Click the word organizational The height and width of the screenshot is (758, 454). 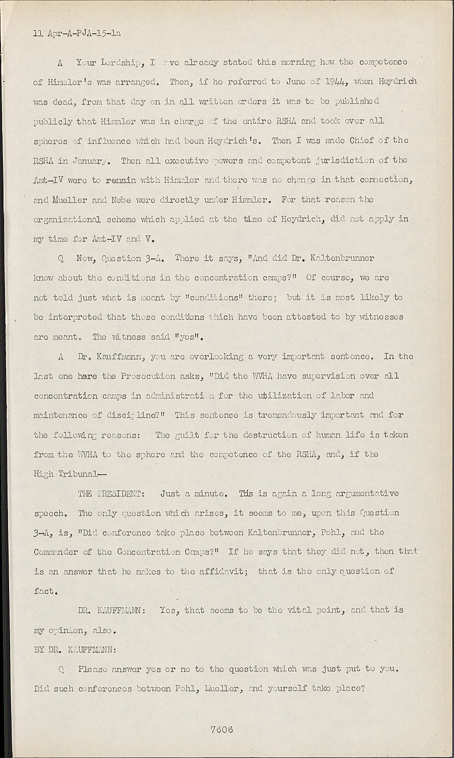[78, 220]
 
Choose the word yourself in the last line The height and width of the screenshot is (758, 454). [290, 689]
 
